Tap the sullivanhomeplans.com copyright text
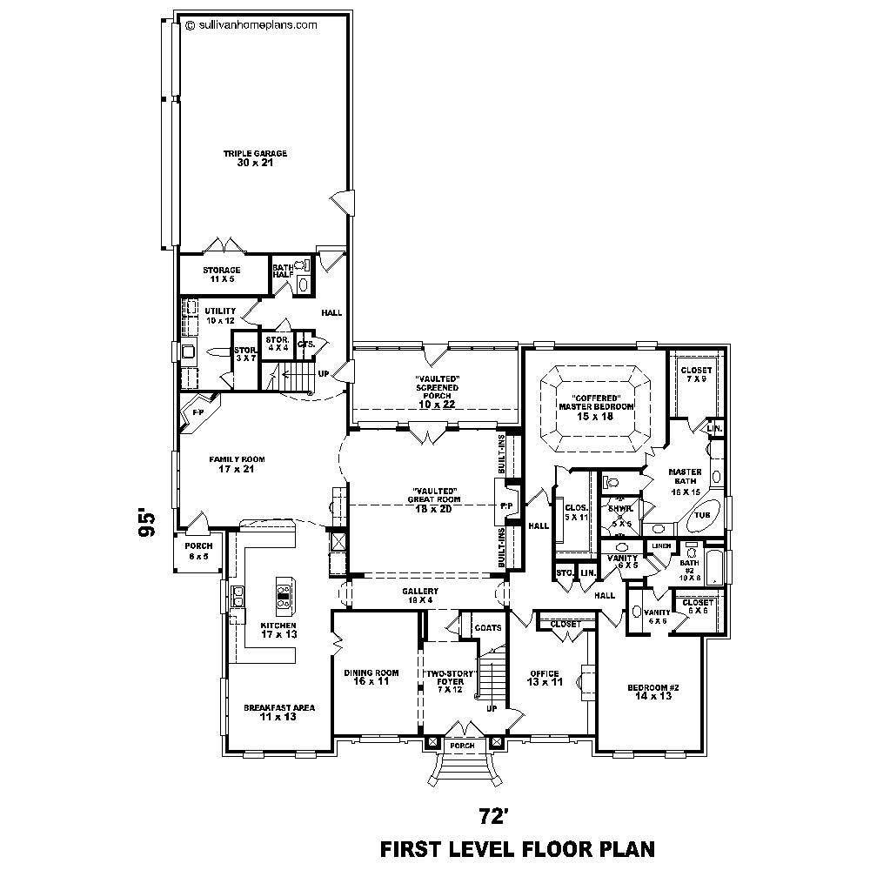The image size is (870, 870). [x=251, y=25]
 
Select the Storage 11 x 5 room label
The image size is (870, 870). [x=222, y=275]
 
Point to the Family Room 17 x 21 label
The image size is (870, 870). [x=236, y=464]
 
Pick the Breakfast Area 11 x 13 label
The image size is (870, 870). [x=279, y=712]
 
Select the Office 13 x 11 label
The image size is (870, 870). [x=545, y=678]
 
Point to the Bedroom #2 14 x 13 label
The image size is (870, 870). [x=653, y=693]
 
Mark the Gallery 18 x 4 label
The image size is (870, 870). [x=420, y=595]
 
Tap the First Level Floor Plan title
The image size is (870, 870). [x=517, y=847]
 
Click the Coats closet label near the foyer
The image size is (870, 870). [x=486, y=628]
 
